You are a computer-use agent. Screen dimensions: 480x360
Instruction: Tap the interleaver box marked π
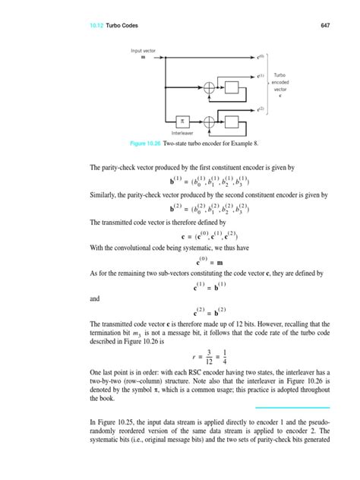(182, 119)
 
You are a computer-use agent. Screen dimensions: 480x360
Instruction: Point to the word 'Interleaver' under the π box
(182, 132)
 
